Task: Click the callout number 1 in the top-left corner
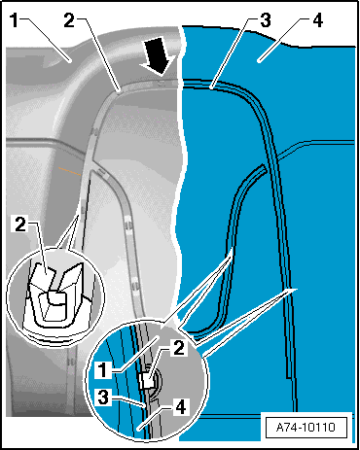click(14, 20)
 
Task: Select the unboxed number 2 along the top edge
click(69, 20)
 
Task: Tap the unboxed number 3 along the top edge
click(266, 20)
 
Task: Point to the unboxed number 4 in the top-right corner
click(317, 20)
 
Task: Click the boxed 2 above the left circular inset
click(20, 224)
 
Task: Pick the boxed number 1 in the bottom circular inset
click(102, 369)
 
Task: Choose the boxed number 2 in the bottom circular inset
click(179, 348)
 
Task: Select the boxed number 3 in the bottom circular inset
click(103, 397)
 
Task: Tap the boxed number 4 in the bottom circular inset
click(180, 406)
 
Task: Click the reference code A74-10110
click(306, 428)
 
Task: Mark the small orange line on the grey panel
click(69, 171)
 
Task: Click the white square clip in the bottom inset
click(147, 380)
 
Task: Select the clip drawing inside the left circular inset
click(55, 294)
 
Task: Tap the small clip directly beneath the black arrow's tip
click(163, 83)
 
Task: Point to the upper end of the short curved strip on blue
click(263, 166)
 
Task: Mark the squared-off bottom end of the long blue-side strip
click(288, 377)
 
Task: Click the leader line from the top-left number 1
click(46, 40)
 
